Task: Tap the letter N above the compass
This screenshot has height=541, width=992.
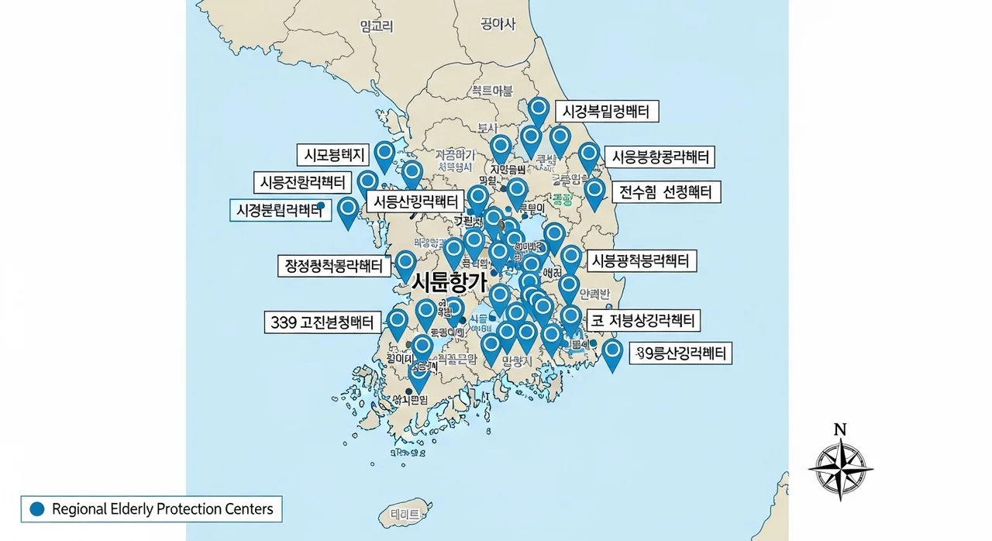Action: (x=839, y=429)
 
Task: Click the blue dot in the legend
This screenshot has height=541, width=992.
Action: (x=36, y=509)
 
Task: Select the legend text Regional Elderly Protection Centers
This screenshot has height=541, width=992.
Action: (x=162, y=509)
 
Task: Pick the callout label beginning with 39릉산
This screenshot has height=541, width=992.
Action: (x=681, y=354)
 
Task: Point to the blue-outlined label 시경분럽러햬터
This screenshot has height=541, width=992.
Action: (x=278, y=209)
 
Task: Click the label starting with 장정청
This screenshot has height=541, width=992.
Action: (x=333, y=266)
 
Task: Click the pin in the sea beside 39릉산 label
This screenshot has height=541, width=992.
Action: (x=612, y=353)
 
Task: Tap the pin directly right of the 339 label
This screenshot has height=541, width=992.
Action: (x=398, y=322)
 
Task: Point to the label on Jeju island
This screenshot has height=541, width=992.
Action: (x=405, y=514)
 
